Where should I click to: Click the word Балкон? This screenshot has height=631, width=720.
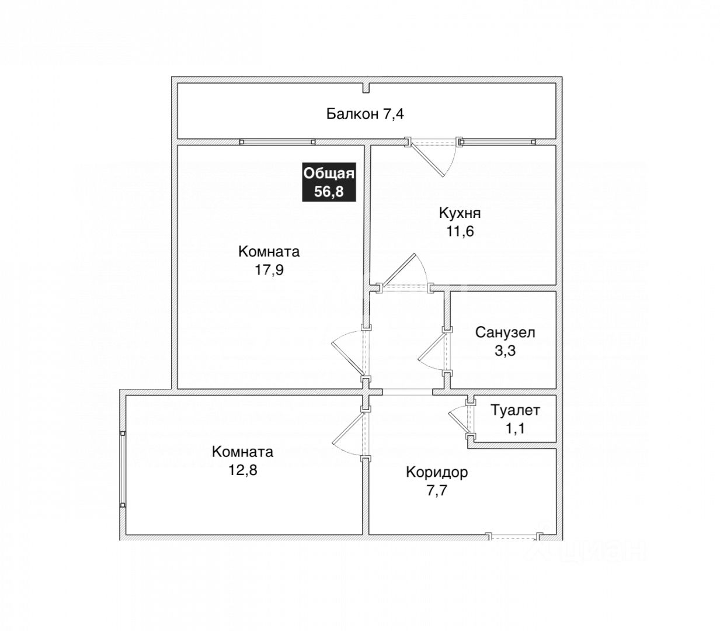tap(352, 113)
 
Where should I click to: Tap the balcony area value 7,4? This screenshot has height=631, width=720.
tap(393, 113)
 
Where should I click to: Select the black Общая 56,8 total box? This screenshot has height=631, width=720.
tap(329, 182)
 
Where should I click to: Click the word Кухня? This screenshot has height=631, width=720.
tap(460, 213)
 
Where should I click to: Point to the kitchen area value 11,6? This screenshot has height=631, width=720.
tap(460, 231)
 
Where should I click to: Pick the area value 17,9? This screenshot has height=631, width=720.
tap(269, 270)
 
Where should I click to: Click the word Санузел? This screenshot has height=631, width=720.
tap(505, 332)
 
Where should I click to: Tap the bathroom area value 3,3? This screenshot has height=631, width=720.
tap(505, 351)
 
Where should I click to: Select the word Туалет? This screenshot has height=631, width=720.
tap(515, 410)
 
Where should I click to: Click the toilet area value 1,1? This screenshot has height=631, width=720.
tap(515, 428)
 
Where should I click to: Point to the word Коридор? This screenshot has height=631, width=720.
tap(437, 472)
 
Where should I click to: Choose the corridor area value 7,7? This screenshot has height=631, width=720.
tap(437, 490)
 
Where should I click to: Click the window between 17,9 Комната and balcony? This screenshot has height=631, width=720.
tap(277, 141)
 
